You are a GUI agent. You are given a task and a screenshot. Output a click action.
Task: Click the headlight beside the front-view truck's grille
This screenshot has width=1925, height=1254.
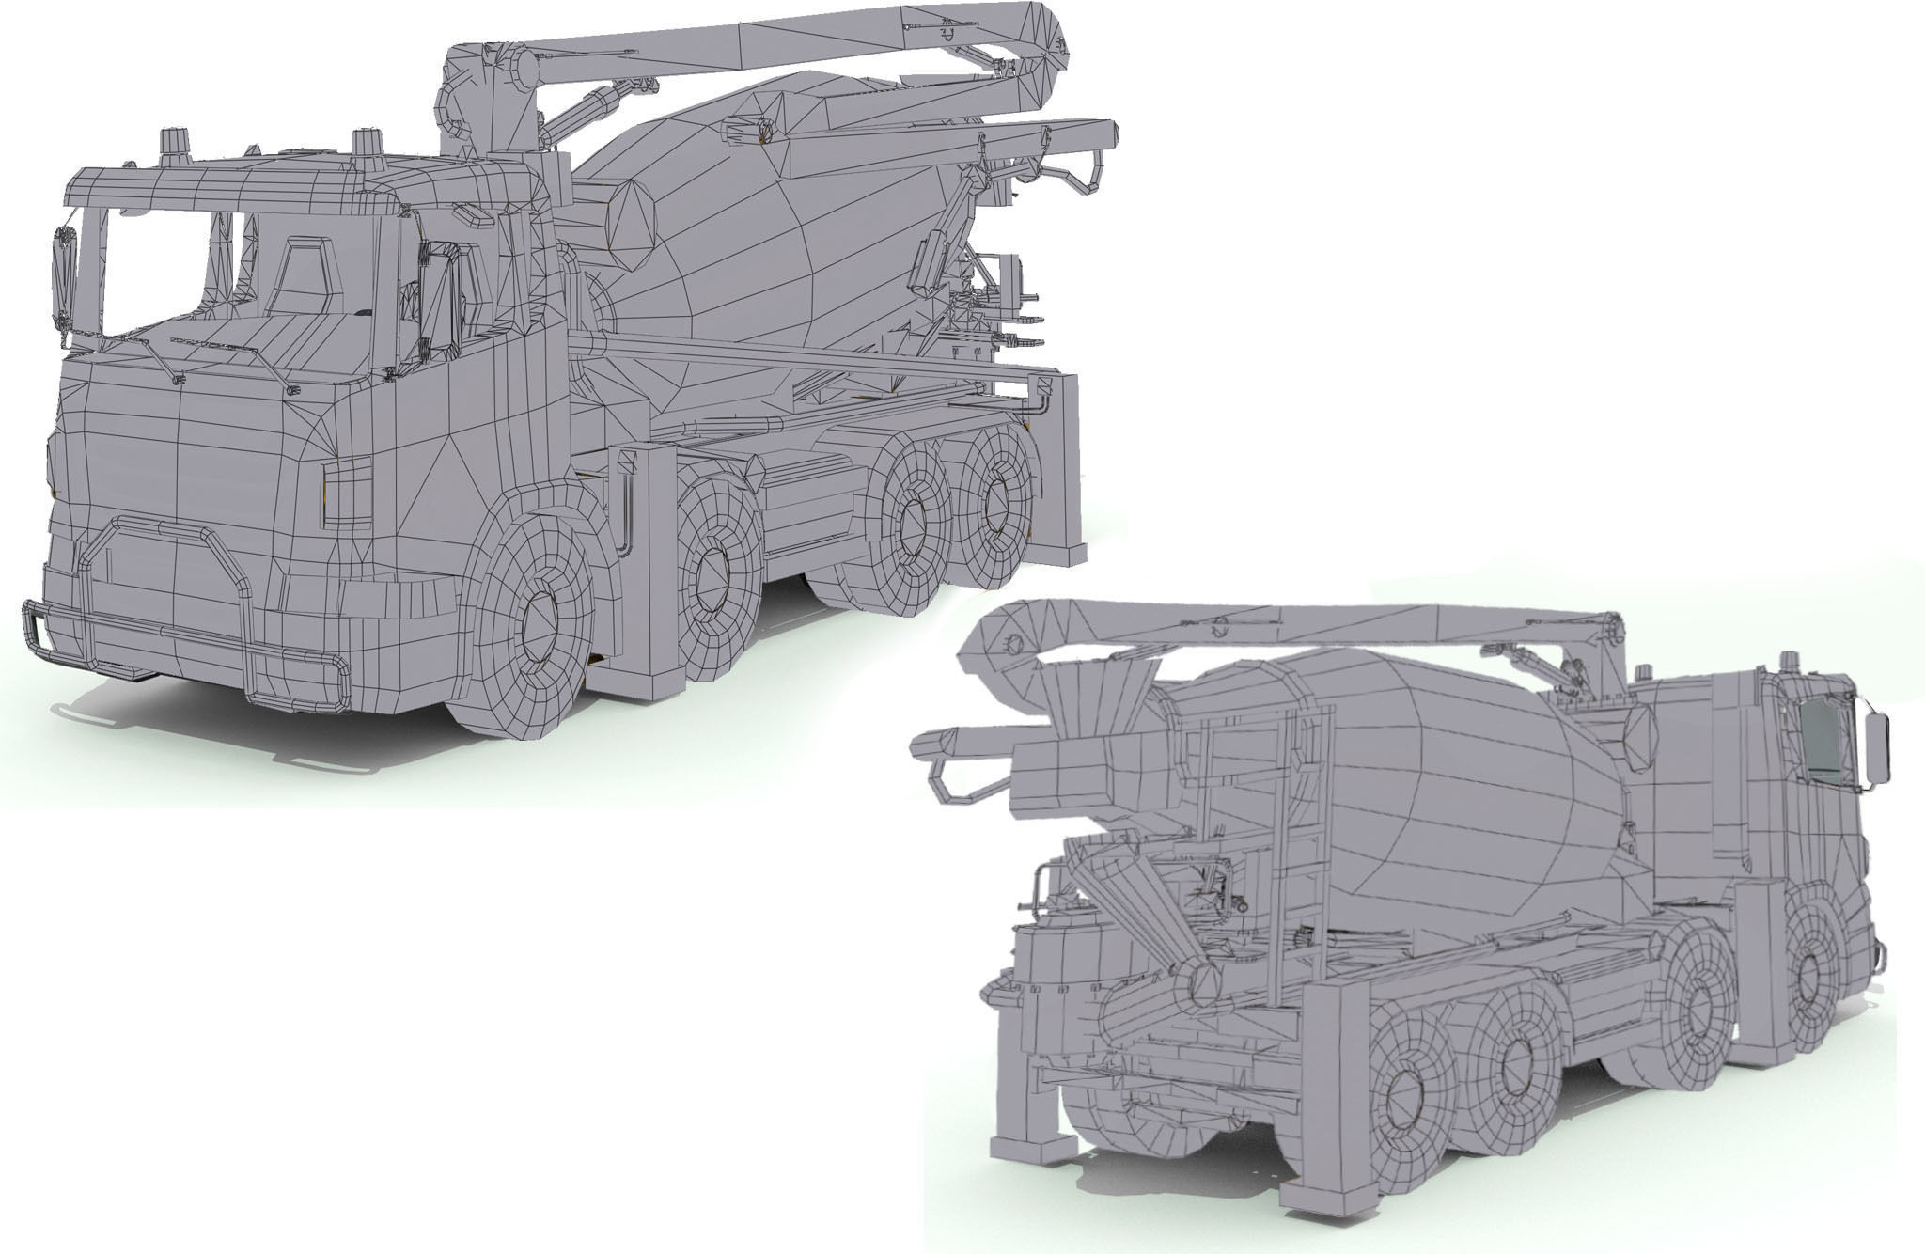pos(347,494)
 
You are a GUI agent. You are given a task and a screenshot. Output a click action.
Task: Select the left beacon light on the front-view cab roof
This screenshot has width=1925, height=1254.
pos(176,146)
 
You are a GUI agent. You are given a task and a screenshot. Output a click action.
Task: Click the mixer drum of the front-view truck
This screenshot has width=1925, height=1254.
pos(752,235)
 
